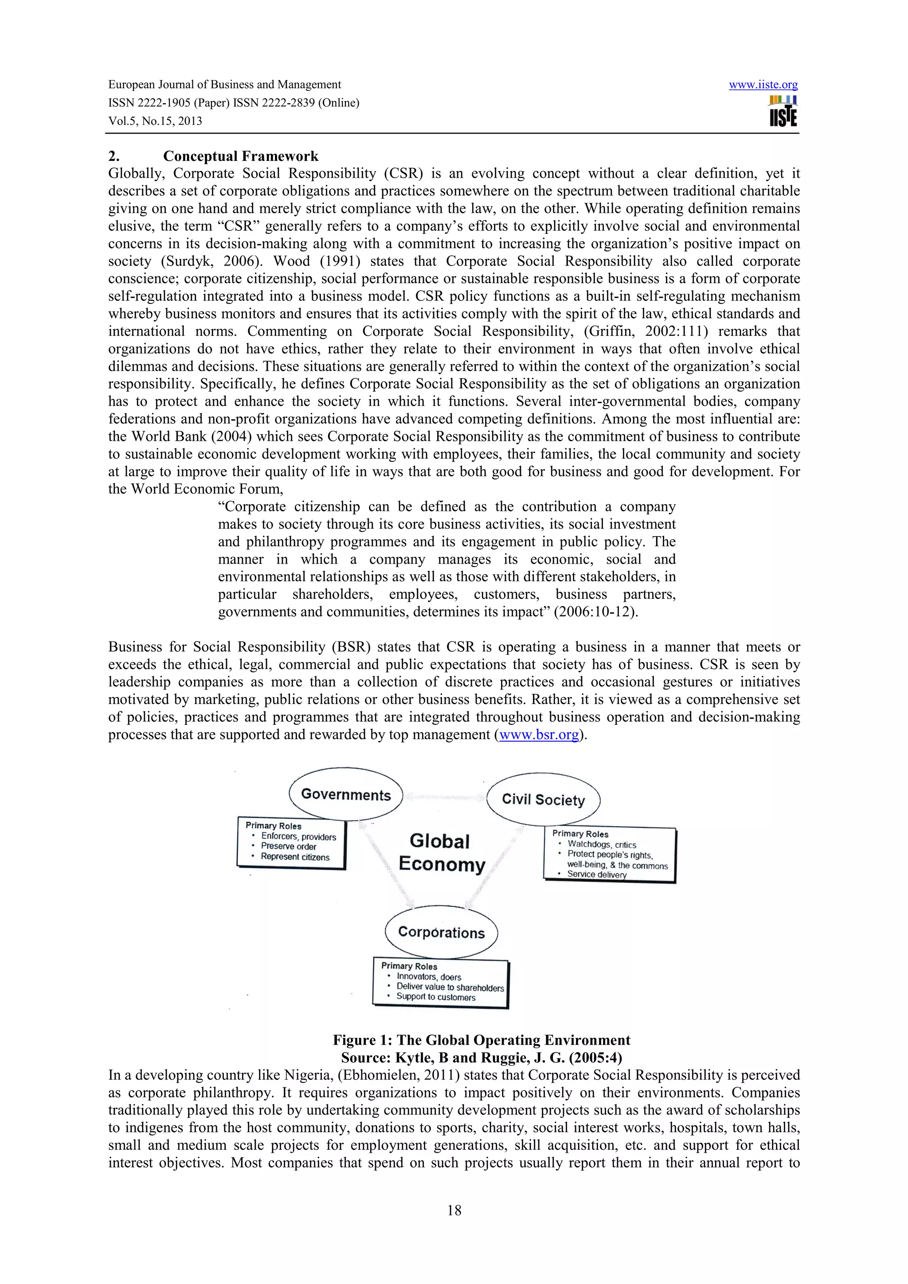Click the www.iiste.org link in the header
pos(763,85)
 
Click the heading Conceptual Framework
pos(241,156)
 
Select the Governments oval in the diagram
pos(346,795)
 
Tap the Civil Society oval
pos(543,799)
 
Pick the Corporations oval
pos(442,932)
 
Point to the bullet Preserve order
pos(288,847)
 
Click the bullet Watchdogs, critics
pos(602,844)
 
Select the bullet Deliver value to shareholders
pos(450,987)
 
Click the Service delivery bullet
pos(596,874)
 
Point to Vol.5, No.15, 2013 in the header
pos(155,121)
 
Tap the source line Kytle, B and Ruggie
pos(481,1058)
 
